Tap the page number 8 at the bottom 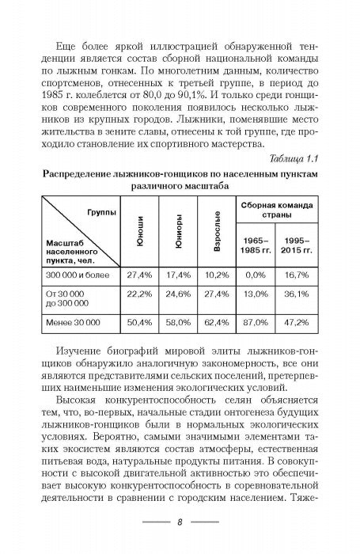(x=180, y=522)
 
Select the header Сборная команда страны (x=276, y=210)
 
